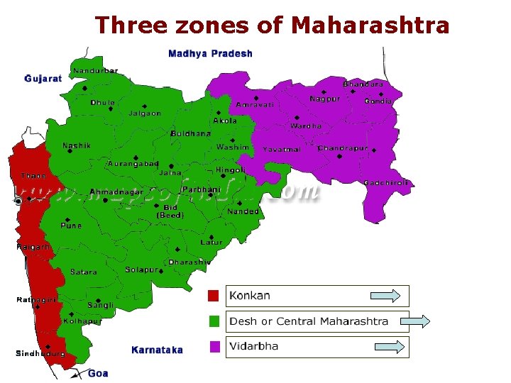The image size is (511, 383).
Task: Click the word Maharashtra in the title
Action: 370,25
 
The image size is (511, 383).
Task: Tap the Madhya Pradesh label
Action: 210,53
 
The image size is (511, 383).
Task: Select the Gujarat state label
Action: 43,79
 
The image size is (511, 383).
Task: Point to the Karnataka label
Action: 157,350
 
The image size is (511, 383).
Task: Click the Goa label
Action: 98,373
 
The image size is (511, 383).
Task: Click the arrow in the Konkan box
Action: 386,296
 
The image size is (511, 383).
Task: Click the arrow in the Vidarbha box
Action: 390,347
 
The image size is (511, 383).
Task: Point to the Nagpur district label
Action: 324,99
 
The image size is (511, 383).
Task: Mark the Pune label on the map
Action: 71,226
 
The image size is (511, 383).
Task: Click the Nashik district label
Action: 77,146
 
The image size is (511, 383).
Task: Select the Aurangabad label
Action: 133,164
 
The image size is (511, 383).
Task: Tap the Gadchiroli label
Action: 386,183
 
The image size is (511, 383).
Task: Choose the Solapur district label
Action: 141,270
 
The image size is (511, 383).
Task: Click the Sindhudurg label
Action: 40,353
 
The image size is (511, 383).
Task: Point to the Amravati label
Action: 255,105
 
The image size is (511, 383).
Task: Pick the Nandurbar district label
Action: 96,71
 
